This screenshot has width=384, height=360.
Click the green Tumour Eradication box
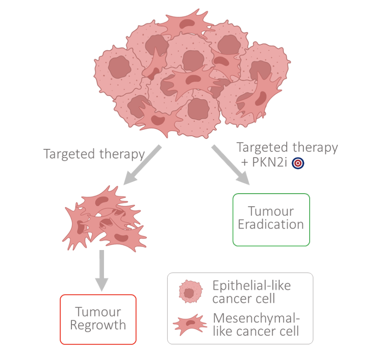pos(271,219)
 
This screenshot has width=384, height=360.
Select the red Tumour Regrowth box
pos(98,319)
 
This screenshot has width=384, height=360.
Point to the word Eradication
pos(271,225)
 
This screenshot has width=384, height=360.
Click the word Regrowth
pos(98,325)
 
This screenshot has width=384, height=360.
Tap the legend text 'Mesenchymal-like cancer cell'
pos(257,325)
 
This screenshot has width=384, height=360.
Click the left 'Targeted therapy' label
pos(94,154)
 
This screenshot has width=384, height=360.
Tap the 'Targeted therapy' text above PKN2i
pos(287,147)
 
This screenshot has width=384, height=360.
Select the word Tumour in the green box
pos(271,212)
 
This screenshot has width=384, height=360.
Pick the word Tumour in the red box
pos(98,312)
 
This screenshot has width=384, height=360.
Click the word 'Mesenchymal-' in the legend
pos(257,319)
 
